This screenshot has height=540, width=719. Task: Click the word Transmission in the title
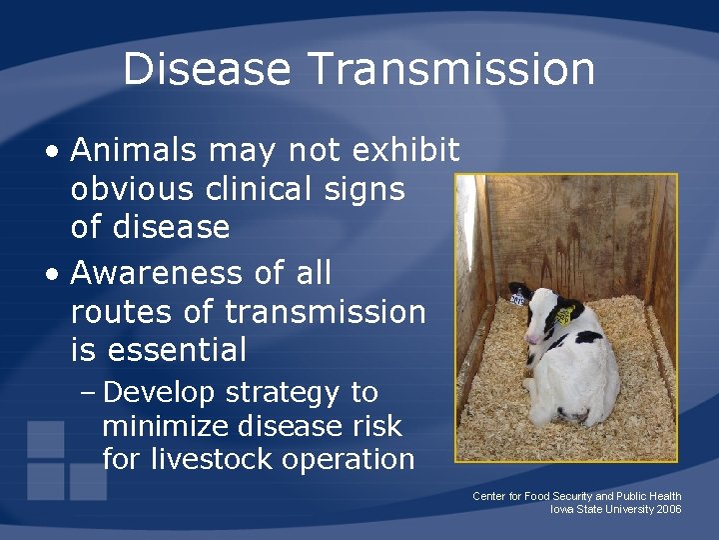[x=452, y=69]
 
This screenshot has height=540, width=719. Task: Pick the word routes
[x=120, y=312]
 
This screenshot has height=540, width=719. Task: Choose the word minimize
[x=166, y=426]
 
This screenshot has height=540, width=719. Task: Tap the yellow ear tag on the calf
[x=565, y=315]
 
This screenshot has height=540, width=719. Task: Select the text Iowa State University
[x=596, y=509]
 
